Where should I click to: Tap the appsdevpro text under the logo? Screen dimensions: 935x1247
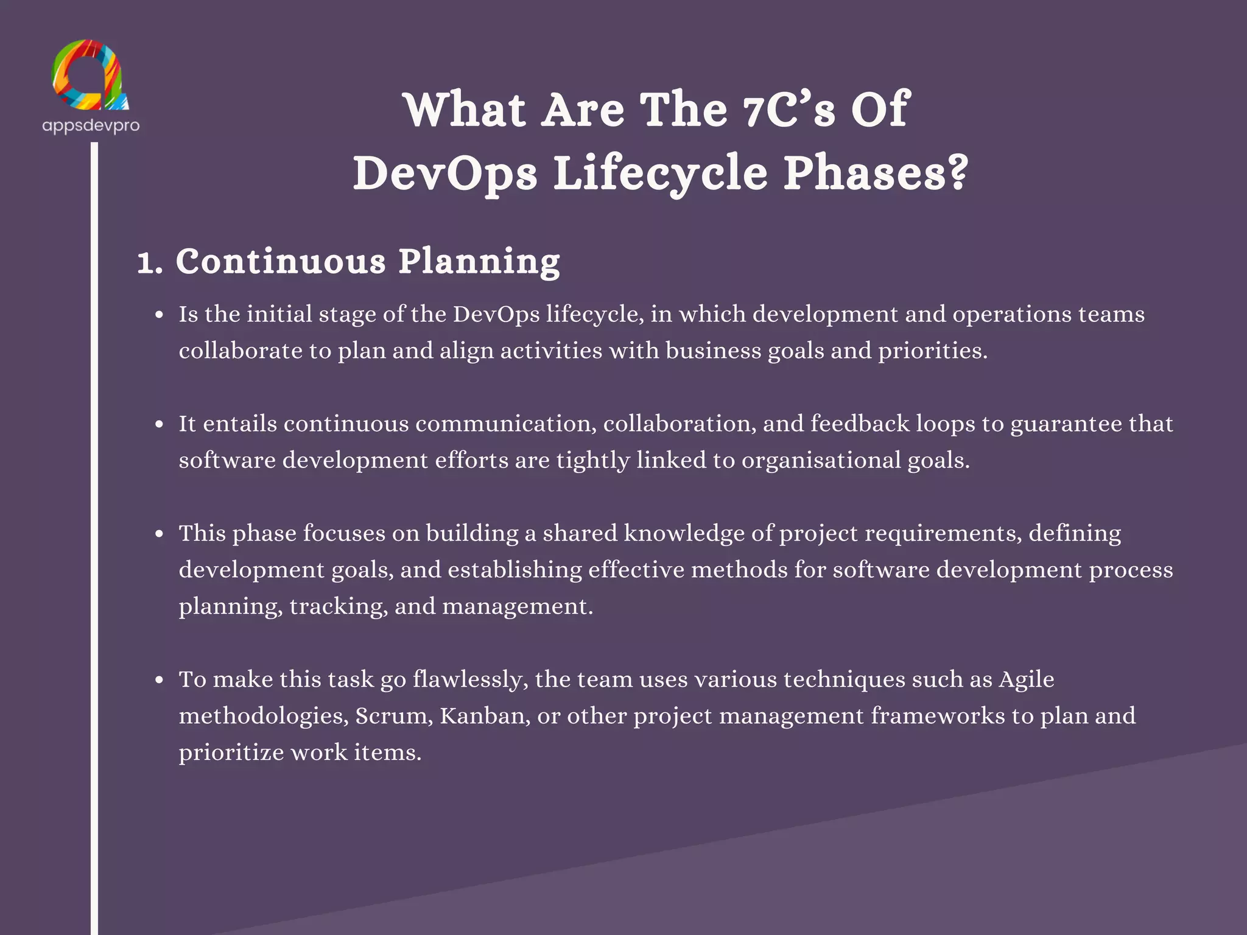(91, 125)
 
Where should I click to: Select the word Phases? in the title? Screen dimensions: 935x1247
(876, 173)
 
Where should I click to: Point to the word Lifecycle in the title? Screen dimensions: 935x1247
(661, 174)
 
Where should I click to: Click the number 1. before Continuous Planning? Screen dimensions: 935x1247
(150, 263)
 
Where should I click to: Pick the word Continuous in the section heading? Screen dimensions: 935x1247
(281, 262)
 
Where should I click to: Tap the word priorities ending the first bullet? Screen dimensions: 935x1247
(932, 351)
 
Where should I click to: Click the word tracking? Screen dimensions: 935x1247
(339, 607)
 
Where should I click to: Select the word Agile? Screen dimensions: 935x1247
(1027, 679)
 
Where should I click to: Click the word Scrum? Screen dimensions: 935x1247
(394, 716)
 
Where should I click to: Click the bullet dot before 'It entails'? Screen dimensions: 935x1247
(160, 424)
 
